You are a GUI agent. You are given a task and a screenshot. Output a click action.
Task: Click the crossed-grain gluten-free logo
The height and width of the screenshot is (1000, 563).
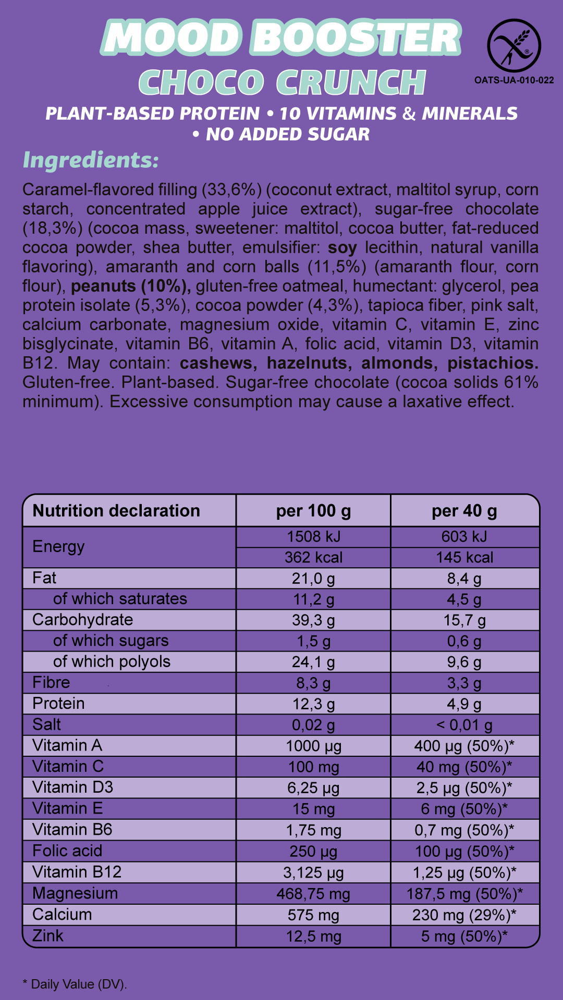tap(513, 45)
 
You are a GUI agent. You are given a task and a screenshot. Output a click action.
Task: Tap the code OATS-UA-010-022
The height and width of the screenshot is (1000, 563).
tap(514, 80)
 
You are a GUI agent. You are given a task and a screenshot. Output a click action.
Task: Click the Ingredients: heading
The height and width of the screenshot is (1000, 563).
tap(91, 160)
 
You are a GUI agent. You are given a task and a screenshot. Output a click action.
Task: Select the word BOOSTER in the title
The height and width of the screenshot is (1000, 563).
tap(356, 38)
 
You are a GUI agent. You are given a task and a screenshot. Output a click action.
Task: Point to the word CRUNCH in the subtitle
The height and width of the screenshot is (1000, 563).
tap(351, 82)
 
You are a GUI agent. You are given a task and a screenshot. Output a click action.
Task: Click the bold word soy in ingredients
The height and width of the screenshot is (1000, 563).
tap(342, 247)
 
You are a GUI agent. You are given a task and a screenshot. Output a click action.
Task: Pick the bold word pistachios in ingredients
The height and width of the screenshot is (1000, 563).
tap(493, 363)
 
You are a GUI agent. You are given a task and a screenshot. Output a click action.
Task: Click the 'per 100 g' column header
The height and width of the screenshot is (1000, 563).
tap(313, 511)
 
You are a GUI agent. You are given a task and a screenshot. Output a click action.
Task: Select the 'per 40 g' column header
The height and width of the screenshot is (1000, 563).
tap(464, 511)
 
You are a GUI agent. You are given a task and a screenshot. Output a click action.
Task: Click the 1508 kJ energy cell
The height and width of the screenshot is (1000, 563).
tap(313, 536)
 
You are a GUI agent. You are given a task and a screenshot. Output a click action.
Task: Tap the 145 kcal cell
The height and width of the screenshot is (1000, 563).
tap(464, 557)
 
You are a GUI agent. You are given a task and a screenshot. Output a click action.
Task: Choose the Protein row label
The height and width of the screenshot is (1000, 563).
tap(58, 704)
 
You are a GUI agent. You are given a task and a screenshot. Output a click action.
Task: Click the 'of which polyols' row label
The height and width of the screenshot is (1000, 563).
tap(112, 661)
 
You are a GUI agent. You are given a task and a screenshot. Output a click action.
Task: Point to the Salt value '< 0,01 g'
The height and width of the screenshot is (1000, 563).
tap(464, 725)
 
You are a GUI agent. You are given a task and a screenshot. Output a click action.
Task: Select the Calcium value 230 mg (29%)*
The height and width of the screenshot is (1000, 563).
tap(464, 915)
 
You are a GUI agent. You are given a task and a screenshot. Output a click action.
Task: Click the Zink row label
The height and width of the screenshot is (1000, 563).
tap(48, 936)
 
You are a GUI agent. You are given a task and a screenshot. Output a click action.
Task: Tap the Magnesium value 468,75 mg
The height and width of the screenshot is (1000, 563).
tap(313, 894)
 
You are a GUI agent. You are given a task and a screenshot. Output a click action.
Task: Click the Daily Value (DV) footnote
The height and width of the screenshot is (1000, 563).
tap(75, 984)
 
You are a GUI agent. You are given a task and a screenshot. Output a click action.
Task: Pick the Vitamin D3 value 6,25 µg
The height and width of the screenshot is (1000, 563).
tap(313, 788)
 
